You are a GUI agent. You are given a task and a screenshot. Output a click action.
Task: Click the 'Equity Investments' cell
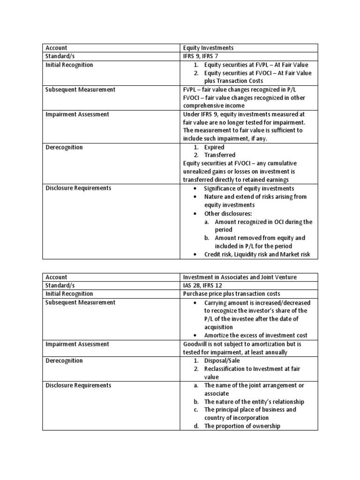tap(208, 48)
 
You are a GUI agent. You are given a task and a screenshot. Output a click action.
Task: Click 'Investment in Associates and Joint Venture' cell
tap(240, 277)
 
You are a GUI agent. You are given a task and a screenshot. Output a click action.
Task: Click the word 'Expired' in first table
tap(214, 147)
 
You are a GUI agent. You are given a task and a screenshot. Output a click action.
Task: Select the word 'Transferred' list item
tap(219, 155)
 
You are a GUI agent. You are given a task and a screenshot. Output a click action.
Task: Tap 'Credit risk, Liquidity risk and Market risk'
tap(257, 255)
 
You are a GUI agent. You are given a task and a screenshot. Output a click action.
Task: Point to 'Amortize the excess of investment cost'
tap(256, 336)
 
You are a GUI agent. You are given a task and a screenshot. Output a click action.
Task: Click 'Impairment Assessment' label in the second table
tap(77, 344)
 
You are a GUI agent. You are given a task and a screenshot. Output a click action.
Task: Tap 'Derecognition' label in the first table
tap(64, 147)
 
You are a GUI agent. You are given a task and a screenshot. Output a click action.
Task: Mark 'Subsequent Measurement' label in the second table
tap(80, 302)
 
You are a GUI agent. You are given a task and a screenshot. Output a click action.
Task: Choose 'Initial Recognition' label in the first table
tap(69, 65)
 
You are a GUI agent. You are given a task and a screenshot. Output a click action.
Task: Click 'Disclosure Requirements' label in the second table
tap(78, 385)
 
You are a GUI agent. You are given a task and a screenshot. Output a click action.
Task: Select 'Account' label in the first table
tap(56, 48)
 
